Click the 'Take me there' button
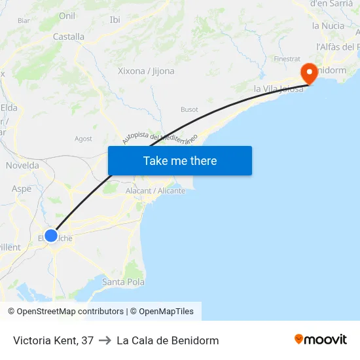180,160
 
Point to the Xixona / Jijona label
146,71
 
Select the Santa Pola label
123,282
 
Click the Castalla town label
68,37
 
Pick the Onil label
67,16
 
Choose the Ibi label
115,20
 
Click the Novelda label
22,166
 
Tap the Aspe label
22,189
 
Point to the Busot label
189,109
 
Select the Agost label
83,139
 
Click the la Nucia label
328,26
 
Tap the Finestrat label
287,59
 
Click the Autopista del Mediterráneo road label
160,137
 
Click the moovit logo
320,340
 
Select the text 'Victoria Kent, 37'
53,340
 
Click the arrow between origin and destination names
105,340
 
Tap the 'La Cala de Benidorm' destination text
168,340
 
